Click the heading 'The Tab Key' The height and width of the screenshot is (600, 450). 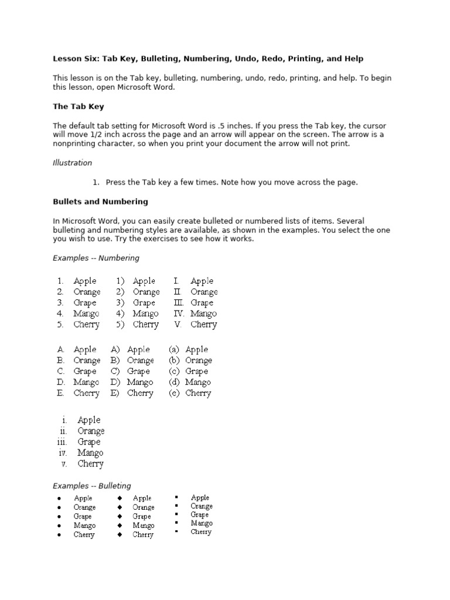click(79, 107)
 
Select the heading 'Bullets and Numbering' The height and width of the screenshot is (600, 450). click(100, 202)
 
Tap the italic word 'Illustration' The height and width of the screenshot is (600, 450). click(73, 163)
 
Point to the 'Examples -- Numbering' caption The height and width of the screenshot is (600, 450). click(96, 258)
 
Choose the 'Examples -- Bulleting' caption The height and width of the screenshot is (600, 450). click(92, 486)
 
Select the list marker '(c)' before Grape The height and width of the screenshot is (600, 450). click(174, 371)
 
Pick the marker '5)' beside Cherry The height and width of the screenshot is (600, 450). click(120, 325)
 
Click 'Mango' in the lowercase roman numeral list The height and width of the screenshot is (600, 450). click(90, 453)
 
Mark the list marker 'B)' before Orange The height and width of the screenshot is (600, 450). click(115, 360)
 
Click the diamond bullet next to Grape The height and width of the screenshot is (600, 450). click(120, 517)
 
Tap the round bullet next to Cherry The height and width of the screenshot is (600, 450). click(60, 535)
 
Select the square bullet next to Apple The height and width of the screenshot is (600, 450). click(176, 497)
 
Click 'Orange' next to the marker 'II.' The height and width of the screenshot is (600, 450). click(204, 292)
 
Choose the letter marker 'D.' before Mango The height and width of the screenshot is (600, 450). click(60, 382)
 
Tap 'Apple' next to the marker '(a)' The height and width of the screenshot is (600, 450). click(196, 350)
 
